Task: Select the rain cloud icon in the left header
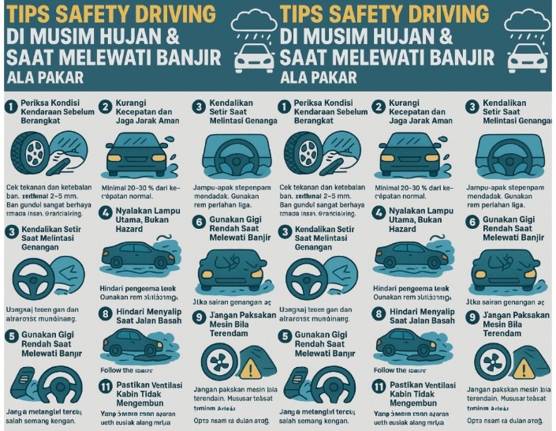[x=252, y=26]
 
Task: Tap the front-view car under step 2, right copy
[x=410, y=150]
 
